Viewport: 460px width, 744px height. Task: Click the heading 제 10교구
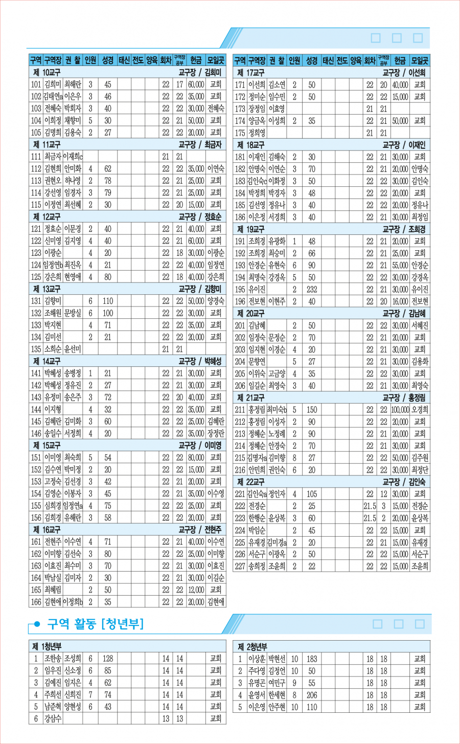tap(47, 73)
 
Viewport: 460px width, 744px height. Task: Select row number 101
tap(36, 84)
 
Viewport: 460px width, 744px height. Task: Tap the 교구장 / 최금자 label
tap(200, 145)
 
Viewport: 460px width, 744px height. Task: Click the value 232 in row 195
tap(312, 290)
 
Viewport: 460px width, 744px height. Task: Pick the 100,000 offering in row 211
tap(400, 410)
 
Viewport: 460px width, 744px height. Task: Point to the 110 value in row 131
tap(107, 301)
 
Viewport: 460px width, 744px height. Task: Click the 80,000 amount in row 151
tap(196, 457)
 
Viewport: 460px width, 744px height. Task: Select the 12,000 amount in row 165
tap(196, 590)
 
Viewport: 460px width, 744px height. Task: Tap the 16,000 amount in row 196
tap(400, 302)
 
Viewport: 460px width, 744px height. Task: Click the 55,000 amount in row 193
tap(400, 266)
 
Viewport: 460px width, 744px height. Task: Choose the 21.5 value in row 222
tap(370, 506)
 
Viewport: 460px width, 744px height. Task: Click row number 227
tap(240, 566)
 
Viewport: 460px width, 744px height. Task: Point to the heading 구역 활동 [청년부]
tap(96, 624)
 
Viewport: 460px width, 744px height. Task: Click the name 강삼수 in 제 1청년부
tap(53, 718)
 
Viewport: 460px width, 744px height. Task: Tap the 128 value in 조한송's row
tap(107, 659)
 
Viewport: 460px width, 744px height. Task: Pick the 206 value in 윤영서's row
tap(312, 695)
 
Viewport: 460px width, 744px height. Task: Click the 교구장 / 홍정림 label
tap(404, 398)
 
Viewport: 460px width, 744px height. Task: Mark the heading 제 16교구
tap(47, 530)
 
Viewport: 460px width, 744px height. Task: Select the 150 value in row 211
tap(312, 410)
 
